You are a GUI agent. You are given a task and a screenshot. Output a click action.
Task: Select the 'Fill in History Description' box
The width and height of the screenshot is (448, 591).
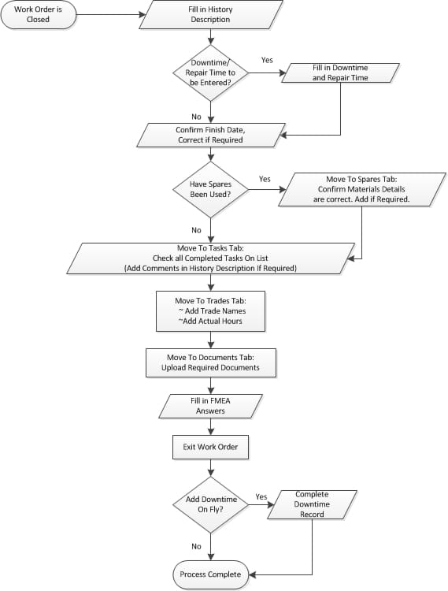(209, 14)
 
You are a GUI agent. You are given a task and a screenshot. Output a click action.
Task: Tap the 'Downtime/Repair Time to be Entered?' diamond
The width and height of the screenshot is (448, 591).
(209, 72)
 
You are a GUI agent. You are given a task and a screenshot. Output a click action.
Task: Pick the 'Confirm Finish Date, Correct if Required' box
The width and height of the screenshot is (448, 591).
(209, 135)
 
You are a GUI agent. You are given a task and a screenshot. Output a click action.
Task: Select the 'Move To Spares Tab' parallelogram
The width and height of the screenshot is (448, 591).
(361, 190)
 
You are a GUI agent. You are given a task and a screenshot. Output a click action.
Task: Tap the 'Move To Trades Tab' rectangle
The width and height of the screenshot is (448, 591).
(209, 310)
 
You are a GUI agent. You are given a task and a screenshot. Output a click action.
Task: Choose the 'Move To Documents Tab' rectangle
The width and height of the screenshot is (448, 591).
(209, 362)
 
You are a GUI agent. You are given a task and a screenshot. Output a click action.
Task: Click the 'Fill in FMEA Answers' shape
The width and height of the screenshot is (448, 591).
(209, 405)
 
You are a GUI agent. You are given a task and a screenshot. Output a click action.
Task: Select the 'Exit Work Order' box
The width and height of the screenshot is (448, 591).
(209, 448)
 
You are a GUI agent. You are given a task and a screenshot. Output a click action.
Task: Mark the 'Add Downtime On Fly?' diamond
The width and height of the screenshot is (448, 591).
(209, 504)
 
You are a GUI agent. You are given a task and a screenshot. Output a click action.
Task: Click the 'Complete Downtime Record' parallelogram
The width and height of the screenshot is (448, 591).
(312, 504)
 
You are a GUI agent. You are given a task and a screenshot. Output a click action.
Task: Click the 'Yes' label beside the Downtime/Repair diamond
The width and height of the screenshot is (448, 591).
(267, 61)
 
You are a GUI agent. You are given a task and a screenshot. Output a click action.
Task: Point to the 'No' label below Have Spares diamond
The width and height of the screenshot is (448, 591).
(196, 230)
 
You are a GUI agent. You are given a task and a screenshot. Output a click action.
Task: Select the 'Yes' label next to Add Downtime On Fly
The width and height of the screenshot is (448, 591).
(261, 497)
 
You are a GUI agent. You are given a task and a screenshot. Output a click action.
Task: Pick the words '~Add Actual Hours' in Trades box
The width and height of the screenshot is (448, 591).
(209, 321)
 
